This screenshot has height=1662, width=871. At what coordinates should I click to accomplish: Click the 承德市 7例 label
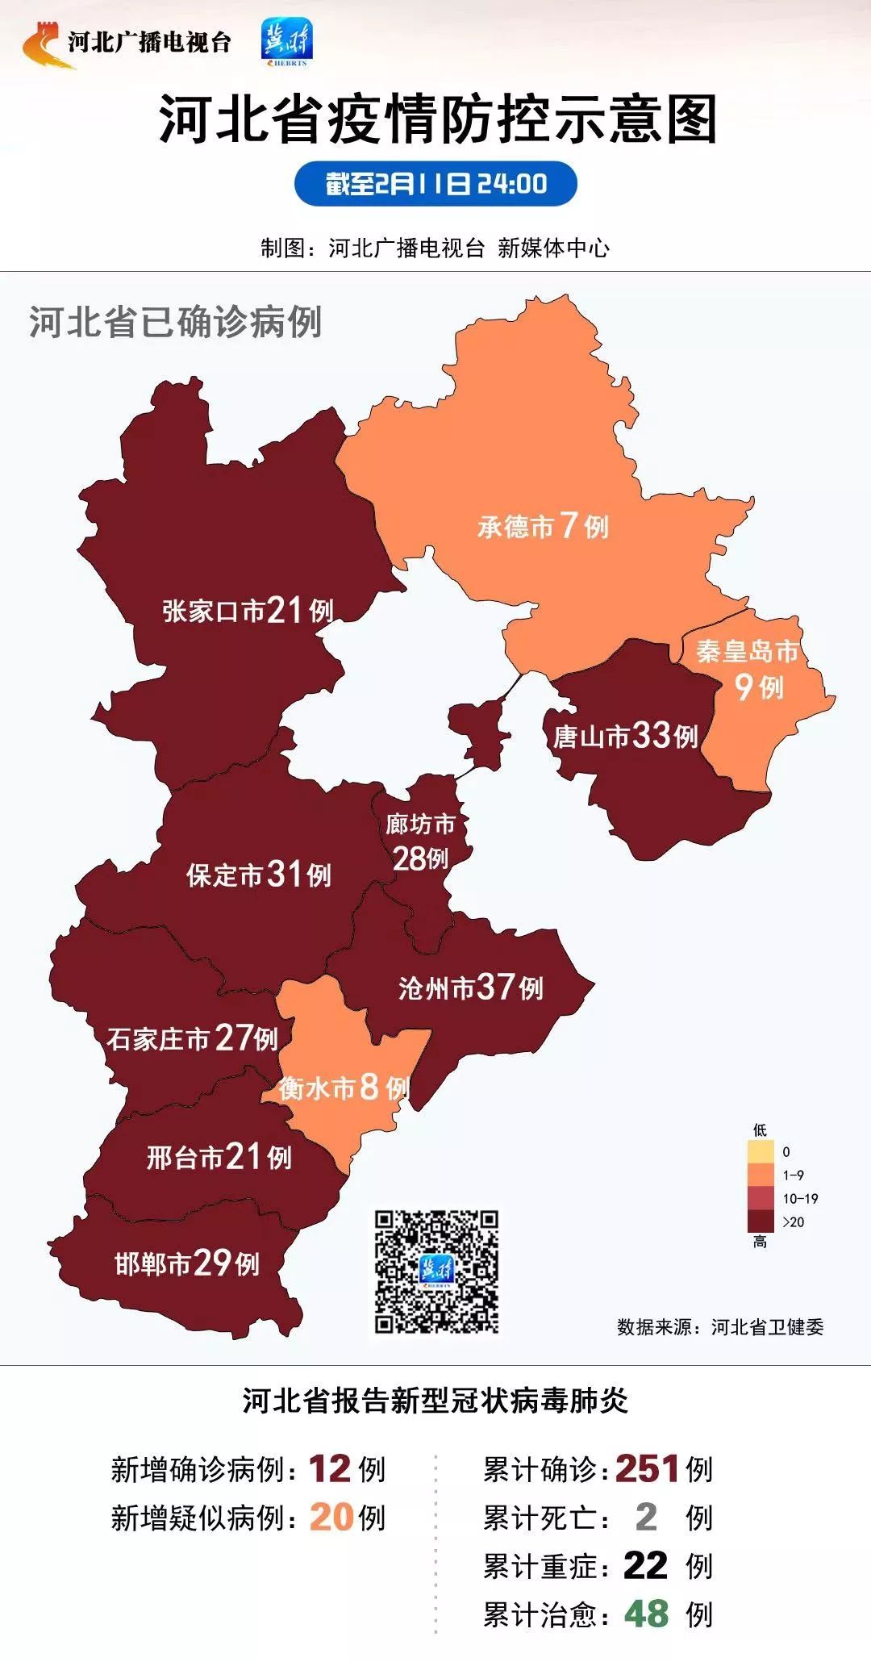(x=543, y=527)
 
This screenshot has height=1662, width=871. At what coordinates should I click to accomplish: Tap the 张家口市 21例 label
(x=248, y=611)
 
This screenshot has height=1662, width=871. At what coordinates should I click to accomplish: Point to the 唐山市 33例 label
(x=625, y=736)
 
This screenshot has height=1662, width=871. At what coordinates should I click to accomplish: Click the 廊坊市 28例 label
(x=420, y=842)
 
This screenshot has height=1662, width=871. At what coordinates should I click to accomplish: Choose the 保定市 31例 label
(x=259, y=875)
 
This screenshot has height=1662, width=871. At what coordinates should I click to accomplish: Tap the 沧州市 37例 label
(x=471, y=988)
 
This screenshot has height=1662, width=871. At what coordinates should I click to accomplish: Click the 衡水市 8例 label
(x=344, y=1088)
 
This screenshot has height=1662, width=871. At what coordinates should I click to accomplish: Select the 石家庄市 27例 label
(x=193, y=1038)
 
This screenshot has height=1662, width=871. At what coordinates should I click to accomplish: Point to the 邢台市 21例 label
(x=219, y=1158)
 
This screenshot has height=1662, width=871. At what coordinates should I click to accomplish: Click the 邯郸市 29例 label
(x=187, y=1263)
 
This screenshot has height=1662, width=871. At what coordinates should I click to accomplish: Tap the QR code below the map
(x=436, y=1272)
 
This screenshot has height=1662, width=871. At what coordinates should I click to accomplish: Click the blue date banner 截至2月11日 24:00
(x=435, y=184)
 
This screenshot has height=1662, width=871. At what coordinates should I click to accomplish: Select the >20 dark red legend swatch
(x=761, y=1221)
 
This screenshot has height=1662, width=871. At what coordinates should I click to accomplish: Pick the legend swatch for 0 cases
(x=761, y=1151)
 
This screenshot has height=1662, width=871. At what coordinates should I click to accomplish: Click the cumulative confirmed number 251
(x=648, y=1469)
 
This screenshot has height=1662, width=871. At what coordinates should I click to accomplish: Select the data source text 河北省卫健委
(x=767, y=1327)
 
